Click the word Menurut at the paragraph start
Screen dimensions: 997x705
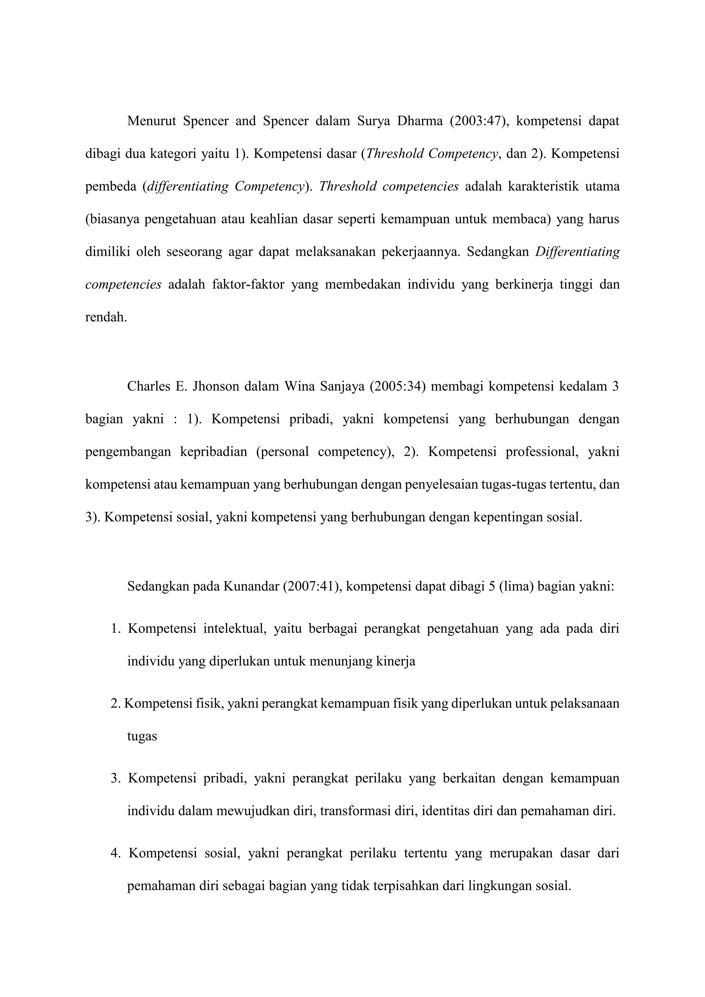(x=151, y=121)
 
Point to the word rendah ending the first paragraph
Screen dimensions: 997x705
(x=105, y=317)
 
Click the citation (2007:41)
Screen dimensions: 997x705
(x=313, y=587)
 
